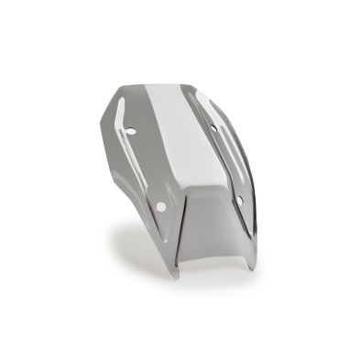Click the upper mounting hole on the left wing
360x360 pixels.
coord(131,131)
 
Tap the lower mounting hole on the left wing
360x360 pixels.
coord(160,206)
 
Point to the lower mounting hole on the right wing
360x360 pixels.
coord(240,200)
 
